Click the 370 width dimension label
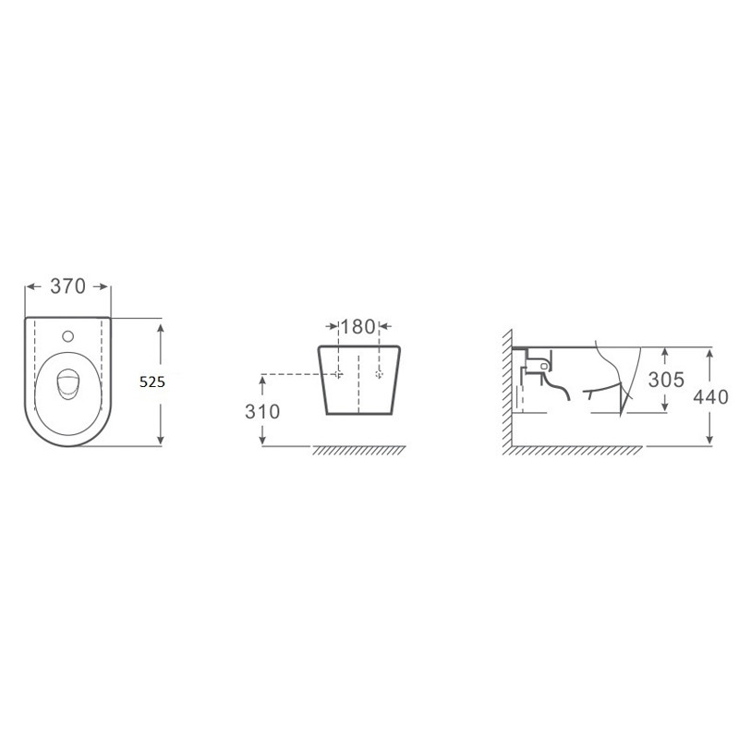tap(67, 286)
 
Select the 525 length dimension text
tap(152, 382)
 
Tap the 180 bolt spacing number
tap(357, 327)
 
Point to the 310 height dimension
tap(262, 411)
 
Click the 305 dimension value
tap(666, 380)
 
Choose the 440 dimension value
tap(710, 397)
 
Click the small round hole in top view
tap(67, 336)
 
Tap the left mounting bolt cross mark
tap(338, 374)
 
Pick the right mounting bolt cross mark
tap(380, 374)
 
